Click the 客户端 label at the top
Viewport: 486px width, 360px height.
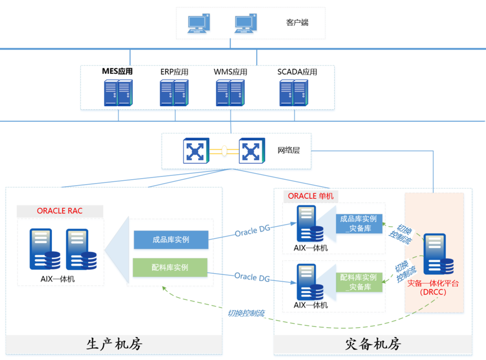(x=297, y=22)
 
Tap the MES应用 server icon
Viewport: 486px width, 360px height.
(x=118, y=93)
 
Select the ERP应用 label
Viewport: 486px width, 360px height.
(x=174, y=72)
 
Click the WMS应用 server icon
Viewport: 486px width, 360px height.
(x=230, y=93)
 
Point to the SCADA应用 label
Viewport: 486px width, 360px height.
(x=297, y=72)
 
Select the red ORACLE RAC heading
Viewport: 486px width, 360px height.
(x=60, y=211)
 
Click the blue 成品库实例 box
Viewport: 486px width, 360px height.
(x=171, y=239)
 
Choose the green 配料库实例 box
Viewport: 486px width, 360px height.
(x=170, y=267)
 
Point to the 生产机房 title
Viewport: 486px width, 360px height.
(x=114, y=344)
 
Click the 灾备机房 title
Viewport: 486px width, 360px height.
(x=373, y=344)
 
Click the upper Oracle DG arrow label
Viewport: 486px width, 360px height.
(x=252, y=232)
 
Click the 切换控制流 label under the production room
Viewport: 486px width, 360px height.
(x=246, y=314)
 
